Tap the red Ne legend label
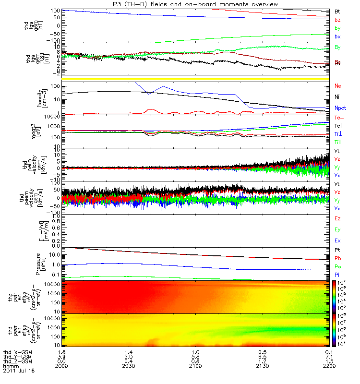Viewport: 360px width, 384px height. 337,86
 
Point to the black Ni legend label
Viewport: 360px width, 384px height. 337,97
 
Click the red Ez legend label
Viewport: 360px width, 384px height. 337,218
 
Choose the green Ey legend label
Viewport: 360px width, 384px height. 337,229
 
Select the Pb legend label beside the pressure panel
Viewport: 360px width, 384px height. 337,258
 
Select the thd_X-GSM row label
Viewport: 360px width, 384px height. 16,353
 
